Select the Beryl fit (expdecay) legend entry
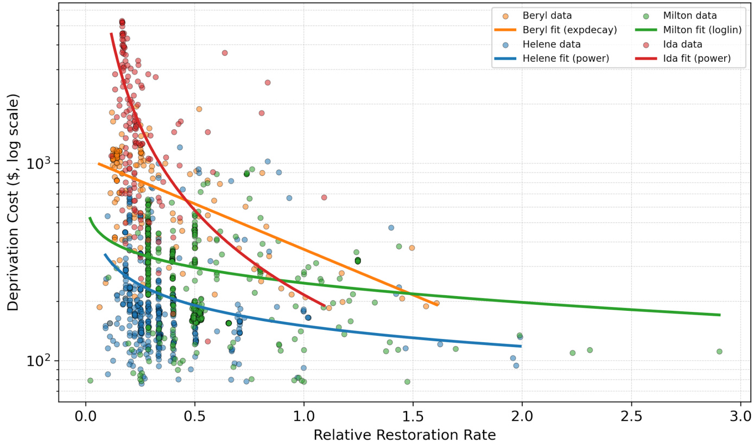pyautogui.click(x=569, y=30)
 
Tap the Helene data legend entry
pyautogui.click(x=552, y=44)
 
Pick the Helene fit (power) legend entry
pyautogui.click(x=566, y=58)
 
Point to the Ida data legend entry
pyautogui.click(x=682, y=44)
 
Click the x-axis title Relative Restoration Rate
pyautogui.click(x=404, y=434)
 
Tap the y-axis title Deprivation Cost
pyautogui.click(x=13, y=202)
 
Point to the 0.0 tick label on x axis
pyautogui.click(x=85, y=416)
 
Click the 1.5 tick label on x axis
pyautogui.click(x=413, y=416)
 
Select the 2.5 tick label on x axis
pyautogui.click(x=631, y=416)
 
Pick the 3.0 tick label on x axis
pyautogui.click(x=740, y=416)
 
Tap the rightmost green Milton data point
pyautogui.click(x=719, y=351)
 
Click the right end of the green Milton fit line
pyautogui.click(x=720, y=315)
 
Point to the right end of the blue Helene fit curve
pyautogui.click(x=521, y=346)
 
